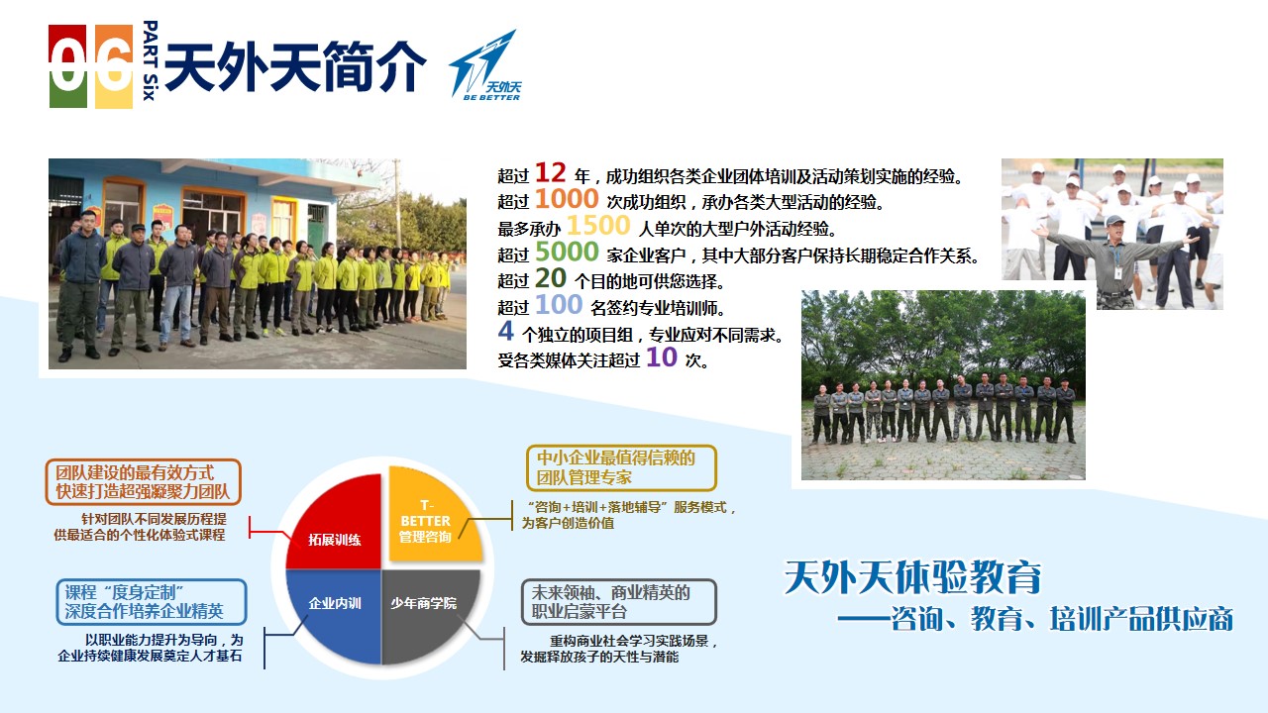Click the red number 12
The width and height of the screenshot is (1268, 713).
(x=550, y=173)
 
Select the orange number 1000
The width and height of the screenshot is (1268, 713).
(x=567, y=199)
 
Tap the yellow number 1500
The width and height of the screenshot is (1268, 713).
(x=598, y=226)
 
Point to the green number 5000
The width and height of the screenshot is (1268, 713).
(x=567, y=252)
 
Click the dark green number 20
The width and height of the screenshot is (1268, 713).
(x=551, y=278)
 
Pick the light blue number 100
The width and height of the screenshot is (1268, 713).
(x=559, y=305)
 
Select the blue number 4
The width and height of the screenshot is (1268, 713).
(x=505, y=331)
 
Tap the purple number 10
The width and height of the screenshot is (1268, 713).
(x=662, y=357)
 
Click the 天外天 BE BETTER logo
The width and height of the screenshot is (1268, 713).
(x=485, y=65)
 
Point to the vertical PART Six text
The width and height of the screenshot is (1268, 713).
(x=150, y=60)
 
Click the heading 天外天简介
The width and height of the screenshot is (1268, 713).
(x=295, y=66)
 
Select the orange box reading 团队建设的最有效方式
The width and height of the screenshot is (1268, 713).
(x=144, y=482)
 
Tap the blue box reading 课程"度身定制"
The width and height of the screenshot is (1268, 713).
(x=152, y=602)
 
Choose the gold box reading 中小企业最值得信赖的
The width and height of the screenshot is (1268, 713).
(x=621, y=468)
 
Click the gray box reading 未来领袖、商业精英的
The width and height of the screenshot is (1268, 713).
(x=619, y=602)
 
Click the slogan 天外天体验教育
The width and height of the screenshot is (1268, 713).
(x=912, y=577)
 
